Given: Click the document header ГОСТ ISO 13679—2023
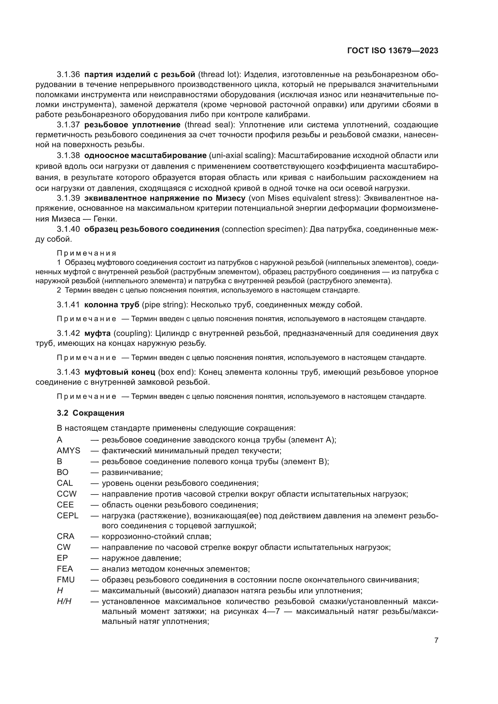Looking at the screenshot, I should [393, 51].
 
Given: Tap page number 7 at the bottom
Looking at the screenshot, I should [436, 640].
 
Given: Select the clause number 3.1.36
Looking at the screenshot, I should [68, 75].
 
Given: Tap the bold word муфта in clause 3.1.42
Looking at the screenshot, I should [97, 333].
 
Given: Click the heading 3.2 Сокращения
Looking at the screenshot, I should [90, 413].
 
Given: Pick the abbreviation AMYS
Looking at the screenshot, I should [68, 451].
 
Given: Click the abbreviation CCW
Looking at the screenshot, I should [67, 494].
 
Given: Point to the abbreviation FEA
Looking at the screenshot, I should [65, 569].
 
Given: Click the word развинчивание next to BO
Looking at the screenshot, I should [132, 472].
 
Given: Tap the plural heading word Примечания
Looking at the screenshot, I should [86, 253].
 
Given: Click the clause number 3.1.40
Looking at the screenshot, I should [68, 229].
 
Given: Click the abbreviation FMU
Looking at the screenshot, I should [66, 580].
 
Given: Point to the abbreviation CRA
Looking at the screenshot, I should [65, 536].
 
